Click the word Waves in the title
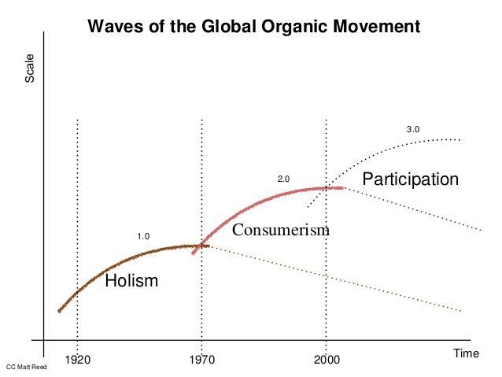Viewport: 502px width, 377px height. tap(113, 26)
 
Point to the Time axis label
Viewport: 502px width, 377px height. tap(467, 354)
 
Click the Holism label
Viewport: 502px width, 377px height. tap(131, 280)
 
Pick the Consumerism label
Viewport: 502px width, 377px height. tap(280, 231)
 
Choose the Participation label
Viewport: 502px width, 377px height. tap(409, 179)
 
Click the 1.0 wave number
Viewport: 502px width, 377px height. tap(143, 236)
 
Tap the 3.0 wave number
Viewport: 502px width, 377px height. tap(413, 129)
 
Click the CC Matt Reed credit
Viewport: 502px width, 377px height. tap(26, 368)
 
